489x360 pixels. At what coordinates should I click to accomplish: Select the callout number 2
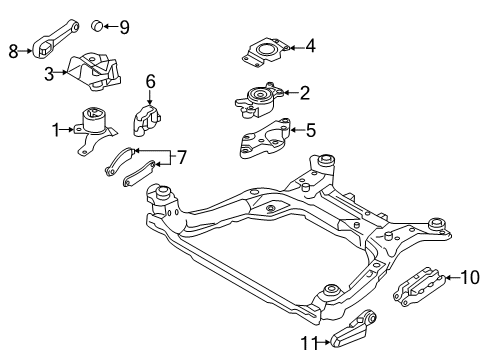tap(305, 93)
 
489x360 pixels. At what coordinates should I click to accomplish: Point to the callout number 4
tap(310, 45)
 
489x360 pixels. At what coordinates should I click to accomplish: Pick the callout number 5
tap(310, 129)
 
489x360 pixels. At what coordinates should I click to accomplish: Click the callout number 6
tap(151, 80)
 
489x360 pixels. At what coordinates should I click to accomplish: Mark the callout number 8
tap(14, 49)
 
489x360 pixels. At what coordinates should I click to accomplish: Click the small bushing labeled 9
tap(99, 24)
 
